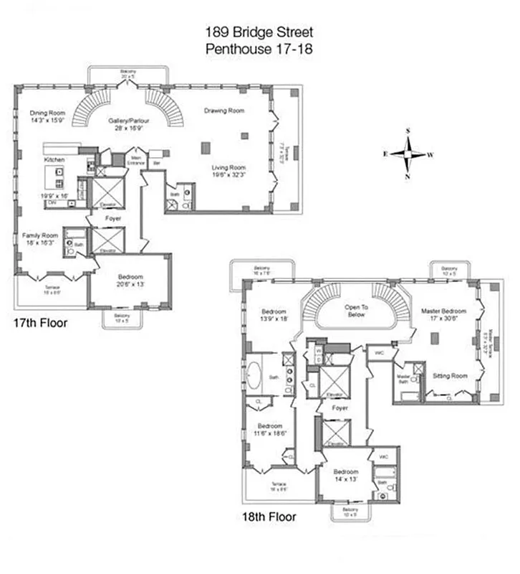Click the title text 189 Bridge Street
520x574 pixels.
tap(259, 32)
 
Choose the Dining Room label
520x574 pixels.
tap(47, 113)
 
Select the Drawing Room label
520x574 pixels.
tap(223, 110)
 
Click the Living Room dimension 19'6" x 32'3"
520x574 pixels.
tap(228, 174)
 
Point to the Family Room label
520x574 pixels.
tap(39, 236)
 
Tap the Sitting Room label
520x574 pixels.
tap(450, 375)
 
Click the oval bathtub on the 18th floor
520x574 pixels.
tap(256, 375)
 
